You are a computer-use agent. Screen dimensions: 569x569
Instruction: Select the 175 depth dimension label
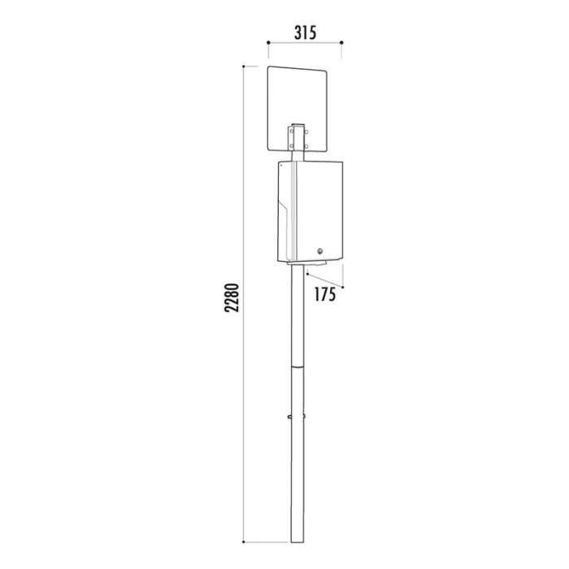click(x=324, y=294)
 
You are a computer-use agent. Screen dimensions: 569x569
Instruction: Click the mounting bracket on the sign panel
click(x=298, y=136)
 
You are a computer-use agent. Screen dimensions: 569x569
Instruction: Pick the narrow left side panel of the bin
click(x=287, y=211)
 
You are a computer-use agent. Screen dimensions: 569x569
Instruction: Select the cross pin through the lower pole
click(x=298, y=416)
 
